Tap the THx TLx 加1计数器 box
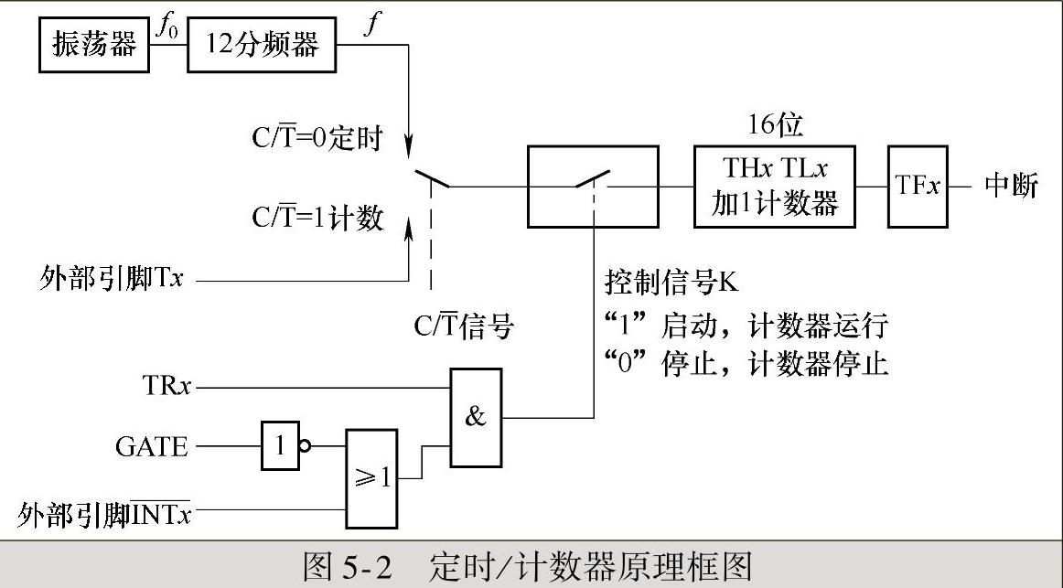point(775,187)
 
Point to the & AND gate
point(476,417)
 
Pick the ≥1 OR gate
point(371,477)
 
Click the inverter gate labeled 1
point(280,446)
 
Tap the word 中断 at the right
point(1011,187)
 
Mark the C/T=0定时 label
point(317,142)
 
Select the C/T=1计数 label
point(317,219)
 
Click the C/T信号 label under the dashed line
point(462,326)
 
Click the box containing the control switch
point(592,187)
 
